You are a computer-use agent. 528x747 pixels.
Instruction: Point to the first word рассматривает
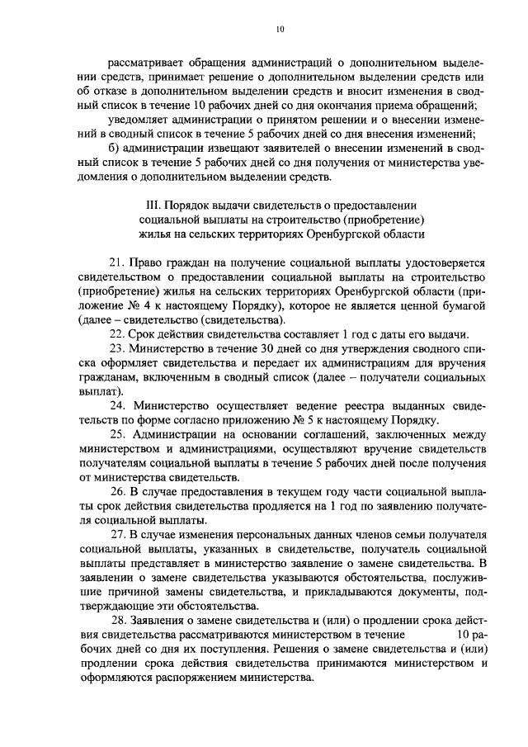pos(147,61)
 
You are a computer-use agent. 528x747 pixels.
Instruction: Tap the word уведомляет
pos(141,119)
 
